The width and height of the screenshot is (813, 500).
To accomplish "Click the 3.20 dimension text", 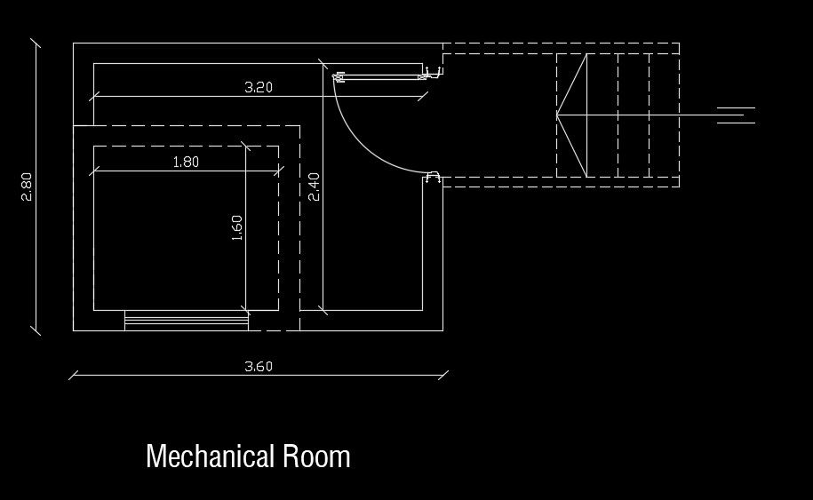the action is pyautogui.click(x=258, y=87).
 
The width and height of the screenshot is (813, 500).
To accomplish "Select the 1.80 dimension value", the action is pyautogui.click(x=185, y=162).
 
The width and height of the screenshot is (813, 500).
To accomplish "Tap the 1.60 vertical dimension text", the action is pyautogui.click(x=236, y=227).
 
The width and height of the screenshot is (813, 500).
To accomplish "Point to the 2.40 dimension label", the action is pyautogui.click(x=314, y=187).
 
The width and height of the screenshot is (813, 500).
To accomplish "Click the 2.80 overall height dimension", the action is pyautogui.click(x=27, y=187).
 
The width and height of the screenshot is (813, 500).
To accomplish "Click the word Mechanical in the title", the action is pyautogui.click(x=210, y=456).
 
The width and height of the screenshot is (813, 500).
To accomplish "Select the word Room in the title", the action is pyautogui.click(x=316, y=456).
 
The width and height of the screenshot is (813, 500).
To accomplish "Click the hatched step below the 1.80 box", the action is pyautogui.click(x=186, y=321).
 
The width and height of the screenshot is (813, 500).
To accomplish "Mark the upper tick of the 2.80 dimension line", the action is pyautogui.click(x=36, y=43).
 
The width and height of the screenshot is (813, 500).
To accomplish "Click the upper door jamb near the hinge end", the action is pyautogui.click(x=434, y=73).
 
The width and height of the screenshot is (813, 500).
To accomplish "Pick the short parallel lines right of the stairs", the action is pyautogui.click(x=736, y=115).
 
